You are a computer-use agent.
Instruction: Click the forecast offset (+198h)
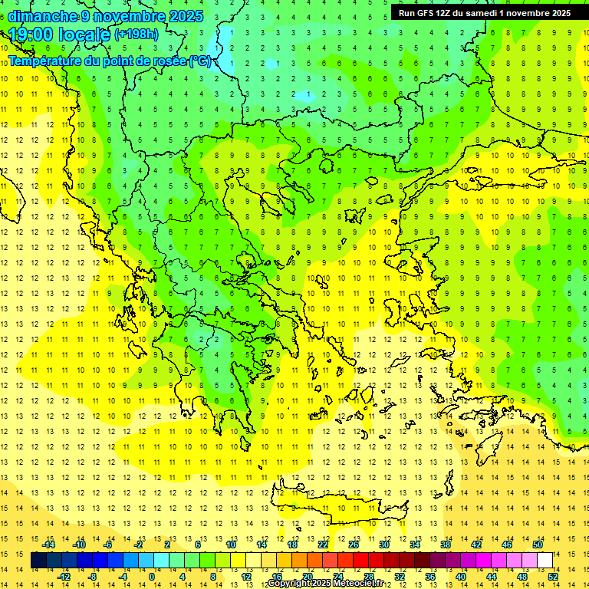(137, 35)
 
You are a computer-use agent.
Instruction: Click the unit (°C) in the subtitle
(201, 61)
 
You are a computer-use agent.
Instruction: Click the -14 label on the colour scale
(48, 545)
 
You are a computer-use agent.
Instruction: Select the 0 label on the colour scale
(152, 577)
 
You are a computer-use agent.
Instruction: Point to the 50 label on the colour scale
(537, 545)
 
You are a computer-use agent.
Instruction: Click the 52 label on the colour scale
(553, 577)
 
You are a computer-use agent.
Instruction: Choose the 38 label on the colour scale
(446, 545)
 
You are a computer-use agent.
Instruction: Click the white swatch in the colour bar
(545, 561)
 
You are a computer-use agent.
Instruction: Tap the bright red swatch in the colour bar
(360, 561)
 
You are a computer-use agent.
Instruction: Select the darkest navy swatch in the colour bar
(38, 561)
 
